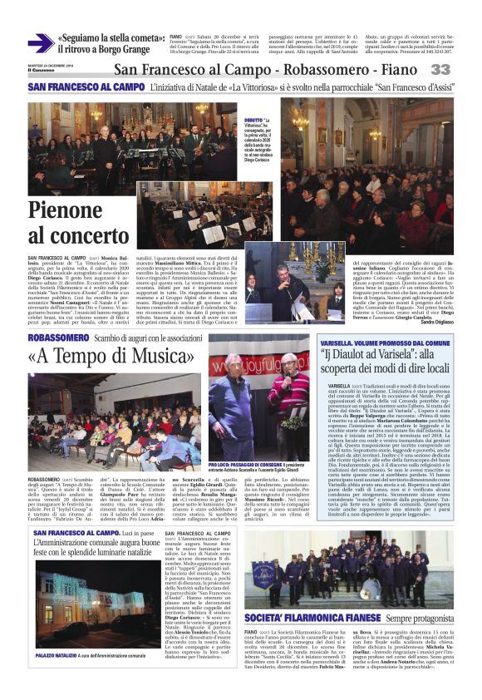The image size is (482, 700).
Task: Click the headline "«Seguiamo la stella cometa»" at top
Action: pyautogui.click(x=108, y=39)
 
